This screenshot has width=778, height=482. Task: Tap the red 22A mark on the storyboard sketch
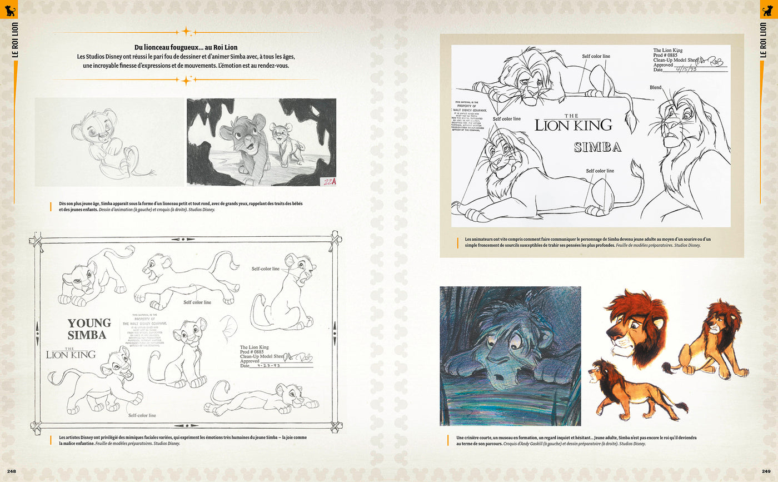pos(328,181)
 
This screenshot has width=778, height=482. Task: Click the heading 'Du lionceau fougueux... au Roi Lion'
pos(186,48)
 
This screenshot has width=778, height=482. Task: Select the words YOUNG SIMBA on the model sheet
pos(89,329)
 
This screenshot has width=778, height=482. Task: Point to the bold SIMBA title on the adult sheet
pos(597,147)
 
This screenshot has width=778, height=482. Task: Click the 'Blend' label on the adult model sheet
pos(656,88)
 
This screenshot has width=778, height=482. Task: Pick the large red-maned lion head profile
pos(636,325)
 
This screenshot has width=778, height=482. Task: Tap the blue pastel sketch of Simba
pos(510,356)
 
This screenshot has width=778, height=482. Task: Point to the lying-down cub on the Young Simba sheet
pos(261,399)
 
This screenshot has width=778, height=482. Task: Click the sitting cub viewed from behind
pos(281,295)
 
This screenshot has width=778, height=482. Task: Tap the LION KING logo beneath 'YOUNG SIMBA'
pos(71,354)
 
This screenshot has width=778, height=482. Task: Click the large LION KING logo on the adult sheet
pos(573,125)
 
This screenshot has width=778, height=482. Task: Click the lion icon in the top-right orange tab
pos(769,9)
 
